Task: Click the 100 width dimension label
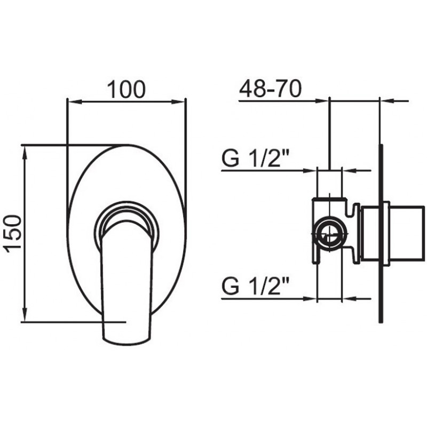tap(126, 90)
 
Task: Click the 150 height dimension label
tap(12, 234)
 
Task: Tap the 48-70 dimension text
tap(271, 89)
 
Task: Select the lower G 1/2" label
tap(255, 286)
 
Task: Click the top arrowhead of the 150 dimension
tap(25, 153)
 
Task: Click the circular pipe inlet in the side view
tap(329, 234)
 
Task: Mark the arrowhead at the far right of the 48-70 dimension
tap(388, 101)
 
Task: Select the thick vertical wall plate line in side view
tap(381, 234)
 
